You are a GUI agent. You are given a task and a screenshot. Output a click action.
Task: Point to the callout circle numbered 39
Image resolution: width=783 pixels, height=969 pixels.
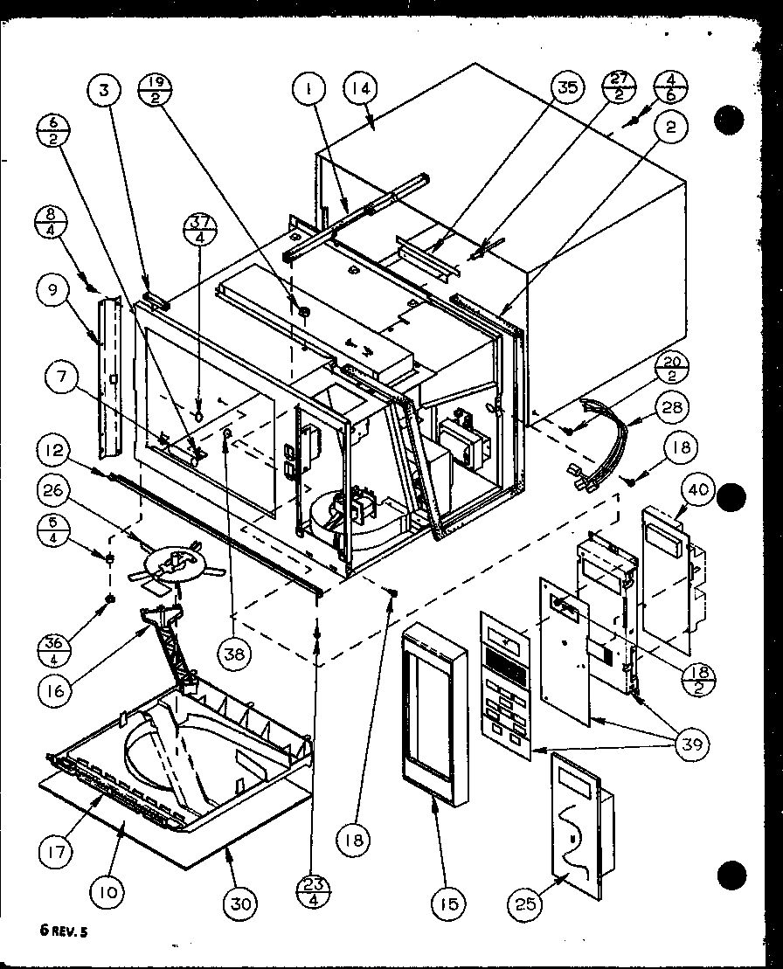pyautogui.click(x=690, y=744)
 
